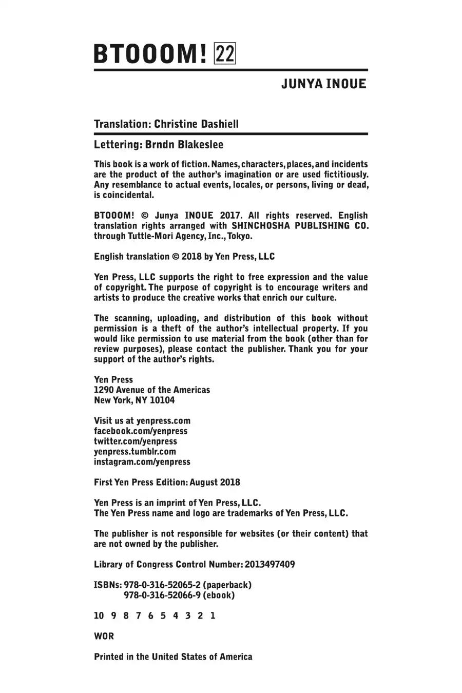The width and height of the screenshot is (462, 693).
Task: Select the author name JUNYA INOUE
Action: point(324,84)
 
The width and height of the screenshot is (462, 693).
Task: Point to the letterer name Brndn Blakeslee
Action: point(184,145)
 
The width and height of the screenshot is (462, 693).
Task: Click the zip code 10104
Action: point(162,400)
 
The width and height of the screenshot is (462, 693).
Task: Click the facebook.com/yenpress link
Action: point(141,431)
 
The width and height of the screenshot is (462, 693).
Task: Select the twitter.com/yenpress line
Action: point(136,441)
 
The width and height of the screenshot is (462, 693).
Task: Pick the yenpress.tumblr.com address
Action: point(135,452)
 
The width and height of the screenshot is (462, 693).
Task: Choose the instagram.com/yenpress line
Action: point(142,462)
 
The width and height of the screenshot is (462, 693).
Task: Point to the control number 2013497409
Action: point(270,565)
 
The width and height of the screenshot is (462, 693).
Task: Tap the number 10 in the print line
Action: point(99,616)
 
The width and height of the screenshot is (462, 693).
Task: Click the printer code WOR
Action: point(104,637)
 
